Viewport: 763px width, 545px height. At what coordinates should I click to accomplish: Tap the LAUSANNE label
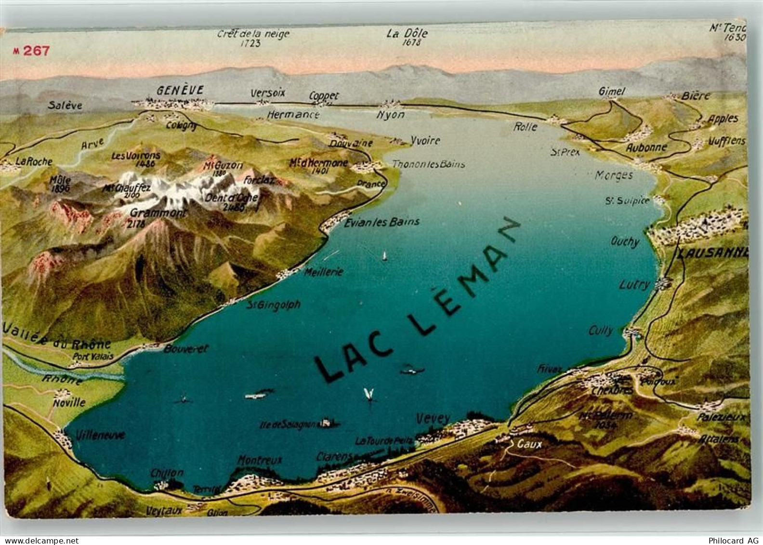point(712,253)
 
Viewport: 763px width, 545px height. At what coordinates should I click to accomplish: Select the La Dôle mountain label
point(407,34)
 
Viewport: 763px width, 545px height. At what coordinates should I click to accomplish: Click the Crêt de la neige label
point(253,34)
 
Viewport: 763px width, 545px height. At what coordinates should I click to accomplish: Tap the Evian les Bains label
point(382,222)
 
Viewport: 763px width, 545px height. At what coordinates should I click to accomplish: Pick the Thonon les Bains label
point(428,164)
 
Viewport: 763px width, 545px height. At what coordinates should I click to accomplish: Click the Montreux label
point(259,460)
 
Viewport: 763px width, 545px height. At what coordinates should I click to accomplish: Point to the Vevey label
point(433,418)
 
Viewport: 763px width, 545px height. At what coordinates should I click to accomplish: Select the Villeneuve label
point(101,435)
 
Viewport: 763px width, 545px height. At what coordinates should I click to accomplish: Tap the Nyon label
point(391,115)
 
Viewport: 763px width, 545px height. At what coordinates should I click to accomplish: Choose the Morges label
point(614,175)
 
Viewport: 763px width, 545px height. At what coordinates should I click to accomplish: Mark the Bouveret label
point(185,348)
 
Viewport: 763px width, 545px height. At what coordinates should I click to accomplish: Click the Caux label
point(529,444)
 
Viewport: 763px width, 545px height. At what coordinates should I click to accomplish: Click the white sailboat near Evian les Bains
point(384,255)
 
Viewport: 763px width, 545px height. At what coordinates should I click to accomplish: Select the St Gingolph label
point(274,305)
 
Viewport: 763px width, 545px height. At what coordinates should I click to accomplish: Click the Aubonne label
point(646,147)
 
